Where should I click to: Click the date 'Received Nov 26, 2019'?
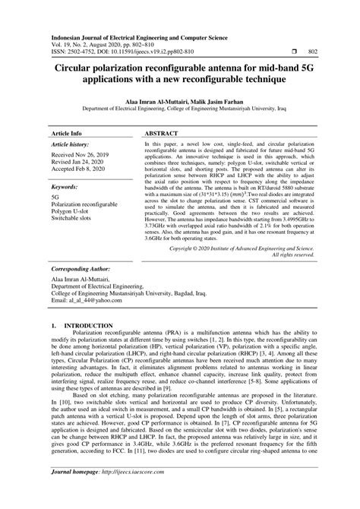click(x=81, y=154)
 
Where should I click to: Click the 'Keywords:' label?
click(x=66, y=185)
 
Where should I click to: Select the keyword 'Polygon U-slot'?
click(x=72, y=211)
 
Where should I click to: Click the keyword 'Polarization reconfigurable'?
click(x=87, y=204)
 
